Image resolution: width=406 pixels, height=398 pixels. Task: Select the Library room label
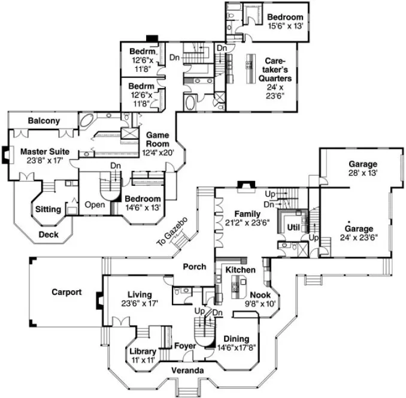[x=143, y=351]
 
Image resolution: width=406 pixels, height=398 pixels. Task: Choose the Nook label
[x=260, y=295]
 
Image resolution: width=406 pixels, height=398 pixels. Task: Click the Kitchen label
[x=240, y=270]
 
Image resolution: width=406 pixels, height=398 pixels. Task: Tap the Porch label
[x=194, y=266]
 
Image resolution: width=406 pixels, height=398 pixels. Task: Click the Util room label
[x=293, y=228]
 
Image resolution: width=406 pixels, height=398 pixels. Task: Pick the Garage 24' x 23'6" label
[x=359, y=229]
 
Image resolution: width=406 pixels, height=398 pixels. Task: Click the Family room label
[x=247, y=214]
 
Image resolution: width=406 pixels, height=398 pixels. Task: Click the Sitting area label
[x=49, y=209]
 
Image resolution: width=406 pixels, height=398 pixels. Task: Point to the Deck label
[x=49, y=234]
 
